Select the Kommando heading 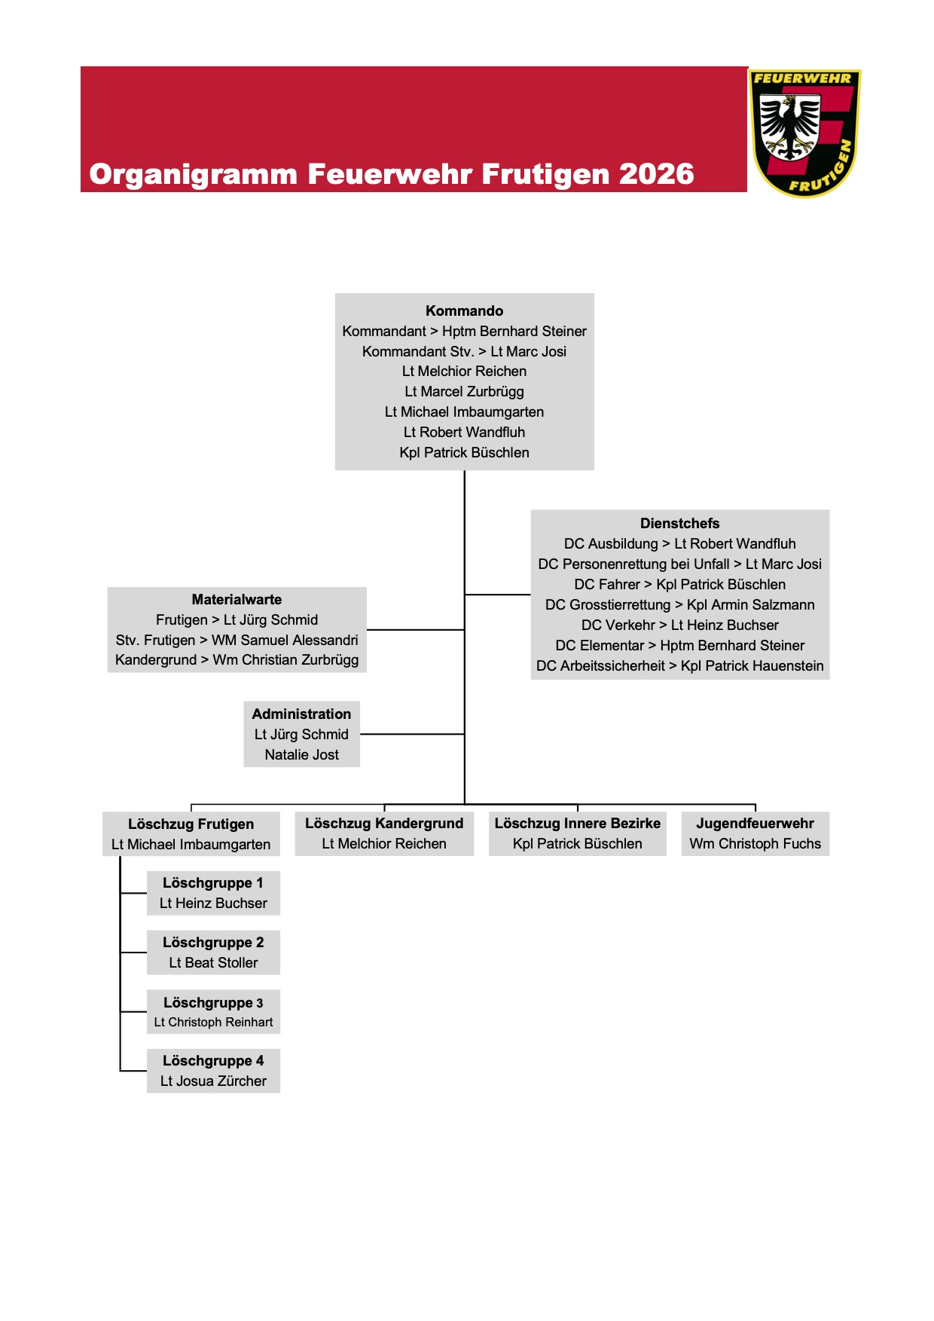click(464, 310)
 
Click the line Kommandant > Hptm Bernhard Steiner click(464, 331)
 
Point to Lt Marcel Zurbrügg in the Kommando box click(464, 392)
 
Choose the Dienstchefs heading click(679, 523)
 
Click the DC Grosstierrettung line click(679, 604)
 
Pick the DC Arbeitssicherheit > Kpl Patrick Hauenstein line click(679, 665)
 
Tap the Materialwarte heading click(237, 599)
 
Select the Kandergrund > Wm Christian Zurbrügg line click(237, 660)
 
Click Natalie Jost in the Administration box click(301, 754)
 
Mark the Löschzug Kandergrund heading click(384, 823)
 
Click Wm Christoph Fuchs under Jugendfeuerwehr click(755, 843)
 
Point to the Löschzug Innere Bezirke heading click(577, 823)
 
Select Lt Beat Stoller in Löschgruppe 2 click(213, 962)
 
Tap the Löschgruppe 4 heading click(213, 1060)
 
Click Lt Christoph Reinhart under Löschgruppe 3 click(213, 1022)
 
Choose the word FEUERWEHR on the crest click(802, 78)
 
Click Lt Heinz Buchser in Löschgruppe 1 click(213, 903)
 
